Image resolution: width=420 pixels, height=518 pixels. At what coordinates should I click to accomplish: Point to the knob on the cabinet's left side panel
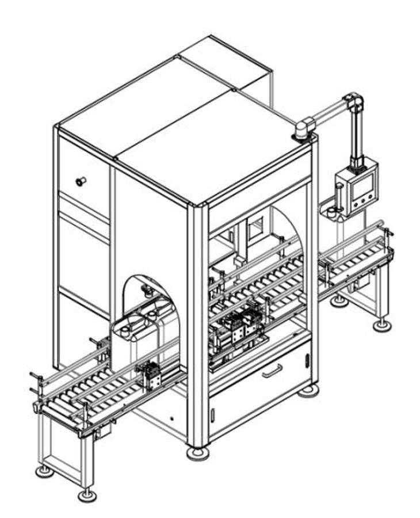[80, 181]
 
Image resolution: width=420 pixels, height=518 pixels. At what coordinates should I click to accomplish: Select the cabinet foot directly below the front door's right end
[308, 391]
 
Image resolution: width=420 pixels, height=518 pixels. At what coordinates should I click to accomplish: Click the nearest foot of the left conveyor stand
[87, 494]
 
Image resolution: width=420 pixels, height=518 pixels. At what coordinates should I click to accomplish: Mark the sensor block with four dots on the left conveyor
[151, 375]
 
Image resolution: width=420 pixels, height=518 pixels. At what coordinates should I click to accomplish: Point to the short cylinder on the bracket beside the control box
[331, 212]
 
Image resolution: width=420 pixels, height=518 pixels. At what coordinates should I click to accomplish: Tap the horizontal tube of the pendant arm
[328, 113]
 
